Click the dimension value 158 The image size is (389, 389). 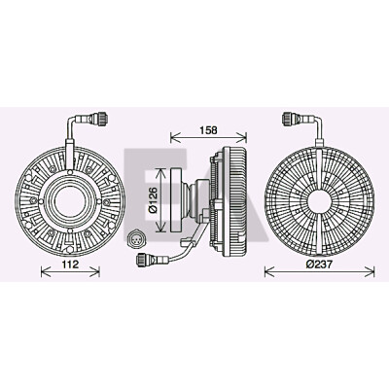208,130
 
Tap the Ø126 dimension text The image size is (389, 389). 153,199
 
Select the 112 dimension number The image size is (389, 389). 70,265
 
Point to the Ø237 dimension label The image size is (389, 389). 319,265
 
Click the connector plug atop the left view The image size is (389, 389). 99,118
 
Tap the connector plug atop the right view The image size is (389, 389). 290,118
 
